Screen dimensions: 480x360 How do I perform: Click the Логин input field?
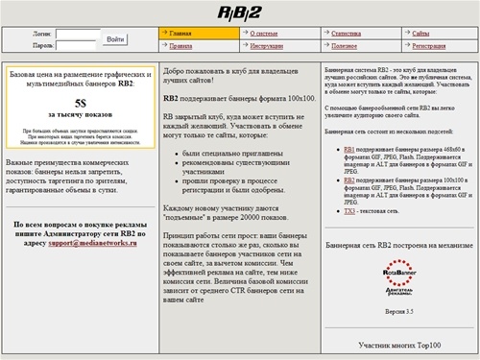coord(77,34)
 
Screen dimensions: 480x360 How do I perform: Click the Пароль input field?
coord(77,45)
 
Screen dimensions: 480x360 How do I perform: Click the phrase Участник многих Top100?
coord(398,343)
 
